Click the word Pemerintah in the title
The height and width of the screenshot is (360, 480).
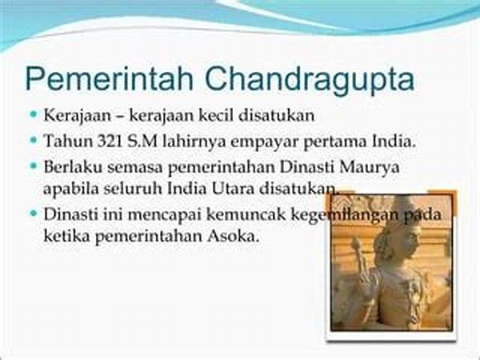point(110,79)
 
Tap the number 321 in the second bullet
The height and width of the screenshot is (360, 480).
point(110,142)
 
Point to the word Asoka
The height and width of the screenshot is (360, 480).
point(233,236)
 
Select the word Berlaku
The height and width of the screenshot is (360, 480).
point(73,167)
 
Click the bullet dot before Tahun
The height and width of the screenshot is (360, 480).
point(34,140)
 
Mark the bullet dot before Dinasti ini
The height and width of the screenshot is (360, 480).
point(34,213)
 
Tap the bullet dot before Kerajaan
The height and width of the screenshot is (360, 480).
point(34,114)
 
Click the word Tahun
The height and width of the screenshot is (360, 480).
point(69,142)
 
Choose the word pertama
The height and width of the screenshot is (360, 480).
point(334,142)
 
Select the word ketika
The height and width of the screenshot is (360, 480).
point(66,236)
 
